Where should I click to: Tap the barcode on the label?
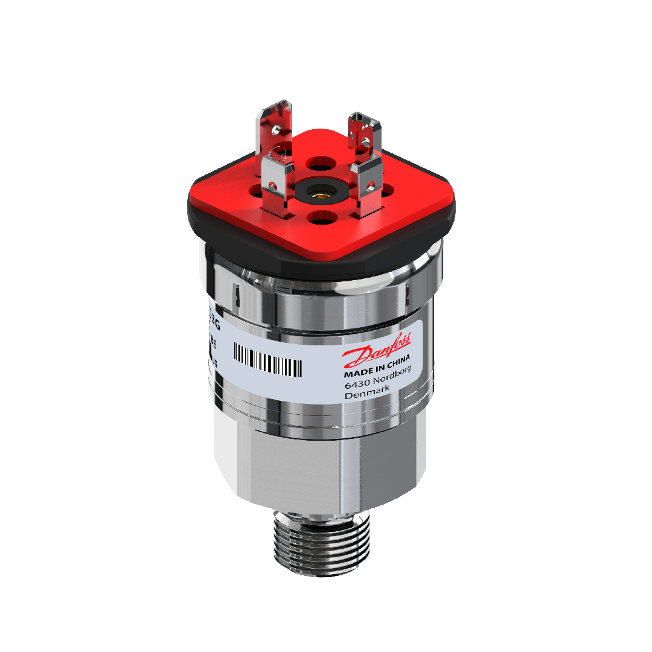pos(267,361)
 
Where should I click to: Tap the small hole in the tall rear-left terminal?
pos(275,129)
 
